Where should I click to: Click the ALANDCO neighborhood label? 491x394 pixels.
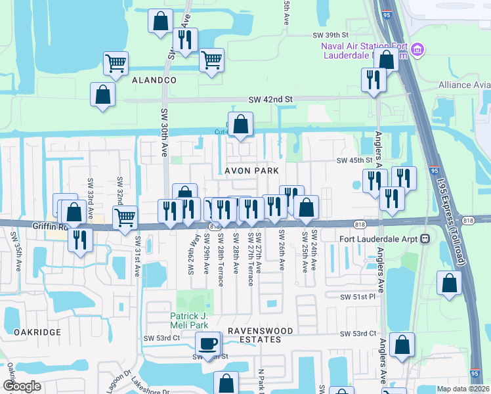click(154, 79)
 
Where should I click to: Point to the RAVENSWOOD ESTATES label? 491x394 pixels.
click(254, 335)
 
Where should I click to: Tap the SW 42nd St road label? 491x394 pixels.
click(270, 99)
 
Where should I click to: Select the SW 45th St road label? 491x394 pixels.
click(354, 161)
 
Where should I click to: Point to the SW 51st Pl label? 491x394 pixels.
click(357, 297)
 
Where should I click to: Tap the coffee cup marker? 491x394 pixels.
click(209, 343)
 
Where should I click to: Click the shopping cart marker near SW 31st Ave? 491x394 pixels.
click(124, 217)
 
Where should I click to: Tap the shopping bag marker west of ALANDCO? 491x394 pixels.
click(103, 94)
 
